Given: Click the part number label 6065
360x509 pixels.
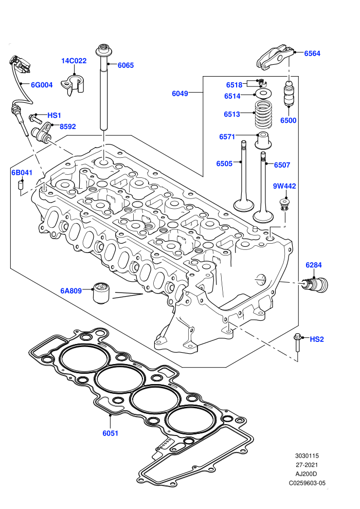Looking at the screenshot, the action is (125, 65).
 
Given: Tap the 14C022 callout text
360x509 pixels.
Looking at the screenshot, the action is (74, 61).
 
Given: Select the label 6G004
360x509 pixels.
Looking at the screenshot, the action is (42, 85).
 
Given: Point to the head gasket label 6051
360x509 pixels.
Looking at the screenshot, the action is (111, 433).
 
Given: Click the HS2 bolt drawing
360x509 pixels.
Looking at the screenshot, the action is (297, 342).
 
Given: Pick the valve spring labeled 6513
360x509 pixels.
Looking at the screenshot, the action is (263, 114).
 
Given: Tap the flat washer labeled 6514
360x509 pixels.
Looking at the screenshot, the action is (263, 94).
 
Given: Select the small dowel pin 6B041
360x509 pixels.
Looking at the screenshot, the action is (20, 186).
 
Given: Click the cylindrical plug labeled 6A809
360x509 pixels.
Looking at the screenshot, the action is (101, 293).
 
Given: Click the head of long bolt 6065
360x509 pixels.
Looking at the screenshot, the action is (104, 50).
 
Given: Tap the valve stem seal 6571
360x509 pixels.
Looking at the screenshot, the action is (263, 141).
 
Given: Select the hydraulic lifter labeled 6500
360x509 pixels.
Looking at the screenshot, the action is (289, 94).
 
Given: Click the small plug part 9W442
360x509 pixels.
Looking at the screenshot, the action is (285, 205).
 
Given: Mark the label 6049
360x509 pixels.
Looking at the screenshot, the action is (180, 94).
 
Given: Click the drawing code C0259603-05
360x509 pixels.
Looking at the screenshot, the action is (307, 483).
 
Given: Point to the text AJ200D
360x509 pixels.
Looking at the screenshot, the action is (306, 474).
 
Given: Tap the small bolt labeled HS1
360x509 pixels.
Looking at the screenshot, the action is (35, 118).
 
